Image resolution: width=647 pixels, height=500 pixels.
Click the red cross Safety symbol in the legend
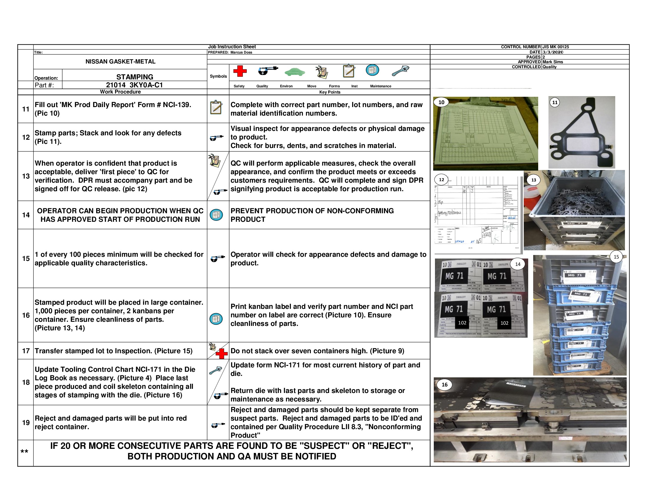[x=240, y=71]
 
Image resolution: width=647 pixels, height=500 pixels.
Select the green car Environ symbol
[x=294, y=72]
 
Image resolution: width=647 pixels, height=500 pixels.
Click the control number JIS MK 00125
[x=556, y=47]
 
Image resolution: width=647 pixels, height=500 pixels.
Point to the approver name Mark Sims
[x=553, y=62]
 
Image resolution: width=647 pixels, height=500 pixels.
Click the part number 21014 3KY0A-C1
[x=134, y=85]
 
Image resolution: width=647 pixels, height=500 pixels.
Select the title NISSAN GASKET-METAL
[x=120, y=61]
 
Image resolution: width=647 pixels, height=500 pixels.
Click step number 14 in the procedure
[x=26, y=215]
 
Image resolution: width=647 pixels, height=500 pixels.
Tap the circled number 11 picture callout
[x=555, y=102]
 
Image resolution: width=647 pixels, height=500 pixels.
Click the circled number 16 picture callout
[x=444, y=385]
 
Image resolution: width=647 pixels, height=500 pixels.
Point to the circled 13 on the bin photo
[x=533, y=180]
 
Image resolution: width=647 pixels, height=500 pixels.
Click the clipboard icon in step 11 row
[x=216, y=108]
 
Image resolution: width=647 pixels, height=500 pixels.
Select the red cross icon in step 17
[x=221, y=354]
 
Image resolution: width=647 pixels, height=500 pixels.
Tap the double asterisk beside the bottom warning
[x=25, y=452]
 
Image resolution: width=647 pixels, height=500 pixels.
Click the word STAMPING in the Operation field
[x=134, y=77]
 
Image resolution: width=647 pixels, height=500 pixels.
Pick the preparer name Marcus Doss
[x=241, y=52]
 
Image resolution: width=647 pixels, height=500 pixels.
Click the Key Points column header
[x=329, y=92]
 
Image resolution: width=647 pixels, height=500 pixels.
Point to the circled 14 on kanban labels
[x=518, y=264]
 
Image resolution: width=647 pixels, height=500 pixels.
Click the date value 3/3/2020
[x=553, y=52]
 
